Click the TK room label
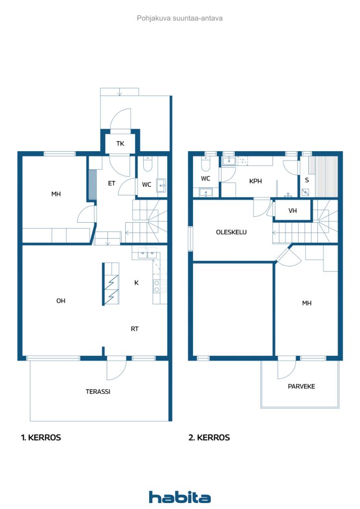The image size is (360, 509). coord(120,144)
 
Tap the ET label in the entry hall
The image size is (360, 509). coord(112,183)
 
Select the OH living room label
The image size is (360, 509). coord(61,301)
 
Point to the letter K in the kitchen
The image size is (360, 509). coord(136,283)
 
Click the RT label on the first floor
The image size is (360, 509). coord(135,329)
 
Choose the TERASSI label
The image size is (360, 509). coord(97,392)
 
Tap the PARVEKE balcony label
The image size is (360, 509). coord(301,386)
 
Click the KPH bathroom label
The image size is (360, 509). coord(256,181)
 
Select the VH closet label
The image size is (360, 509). coord(293,211)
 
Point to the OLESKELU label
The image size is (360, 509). coord(231,232)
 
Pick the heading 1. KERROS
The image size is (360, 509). coord(41,438)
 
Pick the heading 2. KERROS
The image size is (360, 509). coord(209,438)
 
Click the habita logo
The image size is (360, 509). coord(180,497)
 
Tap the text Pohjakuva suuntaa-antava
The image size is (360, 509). coord(180,18)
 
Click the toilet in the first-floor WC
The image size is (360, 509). coord(148,165)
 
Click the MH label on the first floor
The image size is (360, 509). coord(56,194)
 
